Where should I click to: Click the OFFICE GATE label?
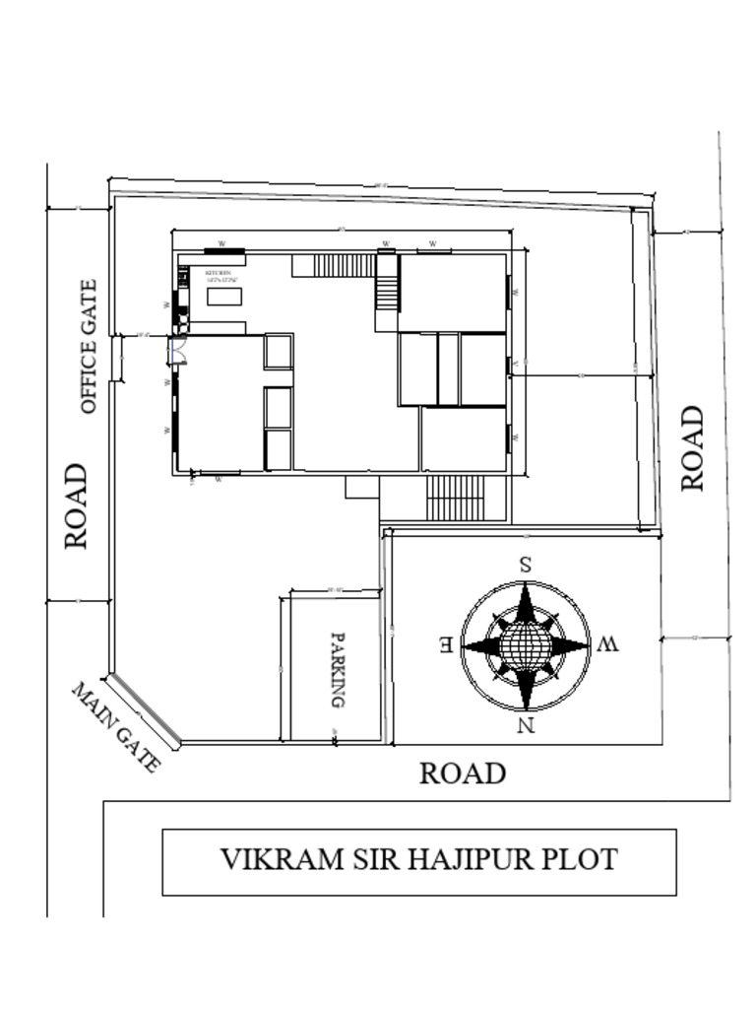point(89,347)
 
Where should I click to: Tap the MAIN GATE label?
point(115,727)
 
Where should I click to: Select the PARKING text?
point(337,670)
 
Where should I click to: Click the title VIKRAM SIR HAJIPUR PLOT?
point(418,859)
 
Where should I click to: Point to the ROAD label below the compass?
point(463,774)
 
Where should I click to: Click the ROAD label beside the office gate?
point(77,506)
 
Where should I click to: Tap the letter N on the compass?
point(526,727)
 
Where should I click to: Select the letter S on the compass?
point(526,566)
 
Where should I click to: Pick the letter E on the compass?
point(446,646)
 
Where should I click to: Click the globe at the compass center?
point(526,646)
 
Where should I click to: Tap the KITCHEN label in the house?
point(218,272)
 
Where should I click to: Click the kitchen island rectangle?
point(224,297)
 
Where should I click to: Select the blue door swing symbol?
point(177,349)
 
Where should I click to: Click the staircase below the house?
point(456,499)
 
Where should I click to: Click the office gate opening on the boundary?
point(116,358)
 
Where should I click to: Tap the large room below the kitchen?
point(220,402)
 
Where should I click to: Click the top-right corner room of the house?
point(452,293)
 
